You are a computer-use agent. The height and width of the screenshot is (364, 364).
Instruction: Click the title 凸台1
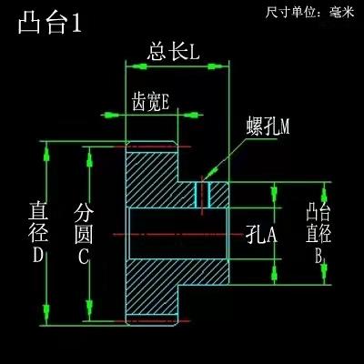coord(50,24)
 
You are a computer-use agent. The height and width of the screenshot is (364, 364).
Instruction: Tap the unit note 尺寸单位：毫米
coord(309,13)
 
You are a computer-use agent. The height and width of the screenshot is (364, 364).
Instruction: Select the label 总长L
coord(173,52)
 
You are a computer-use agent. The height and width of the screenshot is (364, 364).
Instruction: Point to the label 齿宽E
coord(150,102)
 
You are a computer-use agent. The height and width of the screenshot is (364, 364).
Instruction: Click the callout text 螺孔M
coord(268,126)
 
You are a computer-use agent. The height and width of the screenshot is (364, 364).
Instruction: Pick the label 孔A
coord(261,235)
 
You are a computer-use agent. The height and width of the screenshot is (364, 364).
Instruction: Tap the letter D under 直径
coord(38,255)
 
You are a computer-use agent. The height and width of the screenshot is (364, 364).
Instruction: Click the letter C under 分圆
coord(84,257)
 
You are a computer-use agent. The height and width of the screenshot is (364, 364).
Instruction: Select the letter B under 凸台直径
coord(318,257)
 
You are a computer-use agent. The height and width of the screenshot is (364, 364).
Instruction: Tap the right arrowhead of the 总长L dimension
coord(217,66)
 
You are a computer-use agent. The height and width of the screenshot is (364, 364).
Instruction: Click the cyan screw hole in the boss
coord(202,195)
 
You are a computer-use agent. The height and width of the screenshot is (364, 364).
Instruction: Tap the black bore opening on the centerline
coord(178,234)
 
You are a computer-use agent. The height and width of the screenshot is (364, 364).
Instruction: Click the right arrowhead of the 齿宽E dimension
coord(193,115)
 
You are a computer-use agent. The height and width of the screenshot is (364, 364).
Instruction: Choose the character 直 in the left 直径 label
coord(38,210)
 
